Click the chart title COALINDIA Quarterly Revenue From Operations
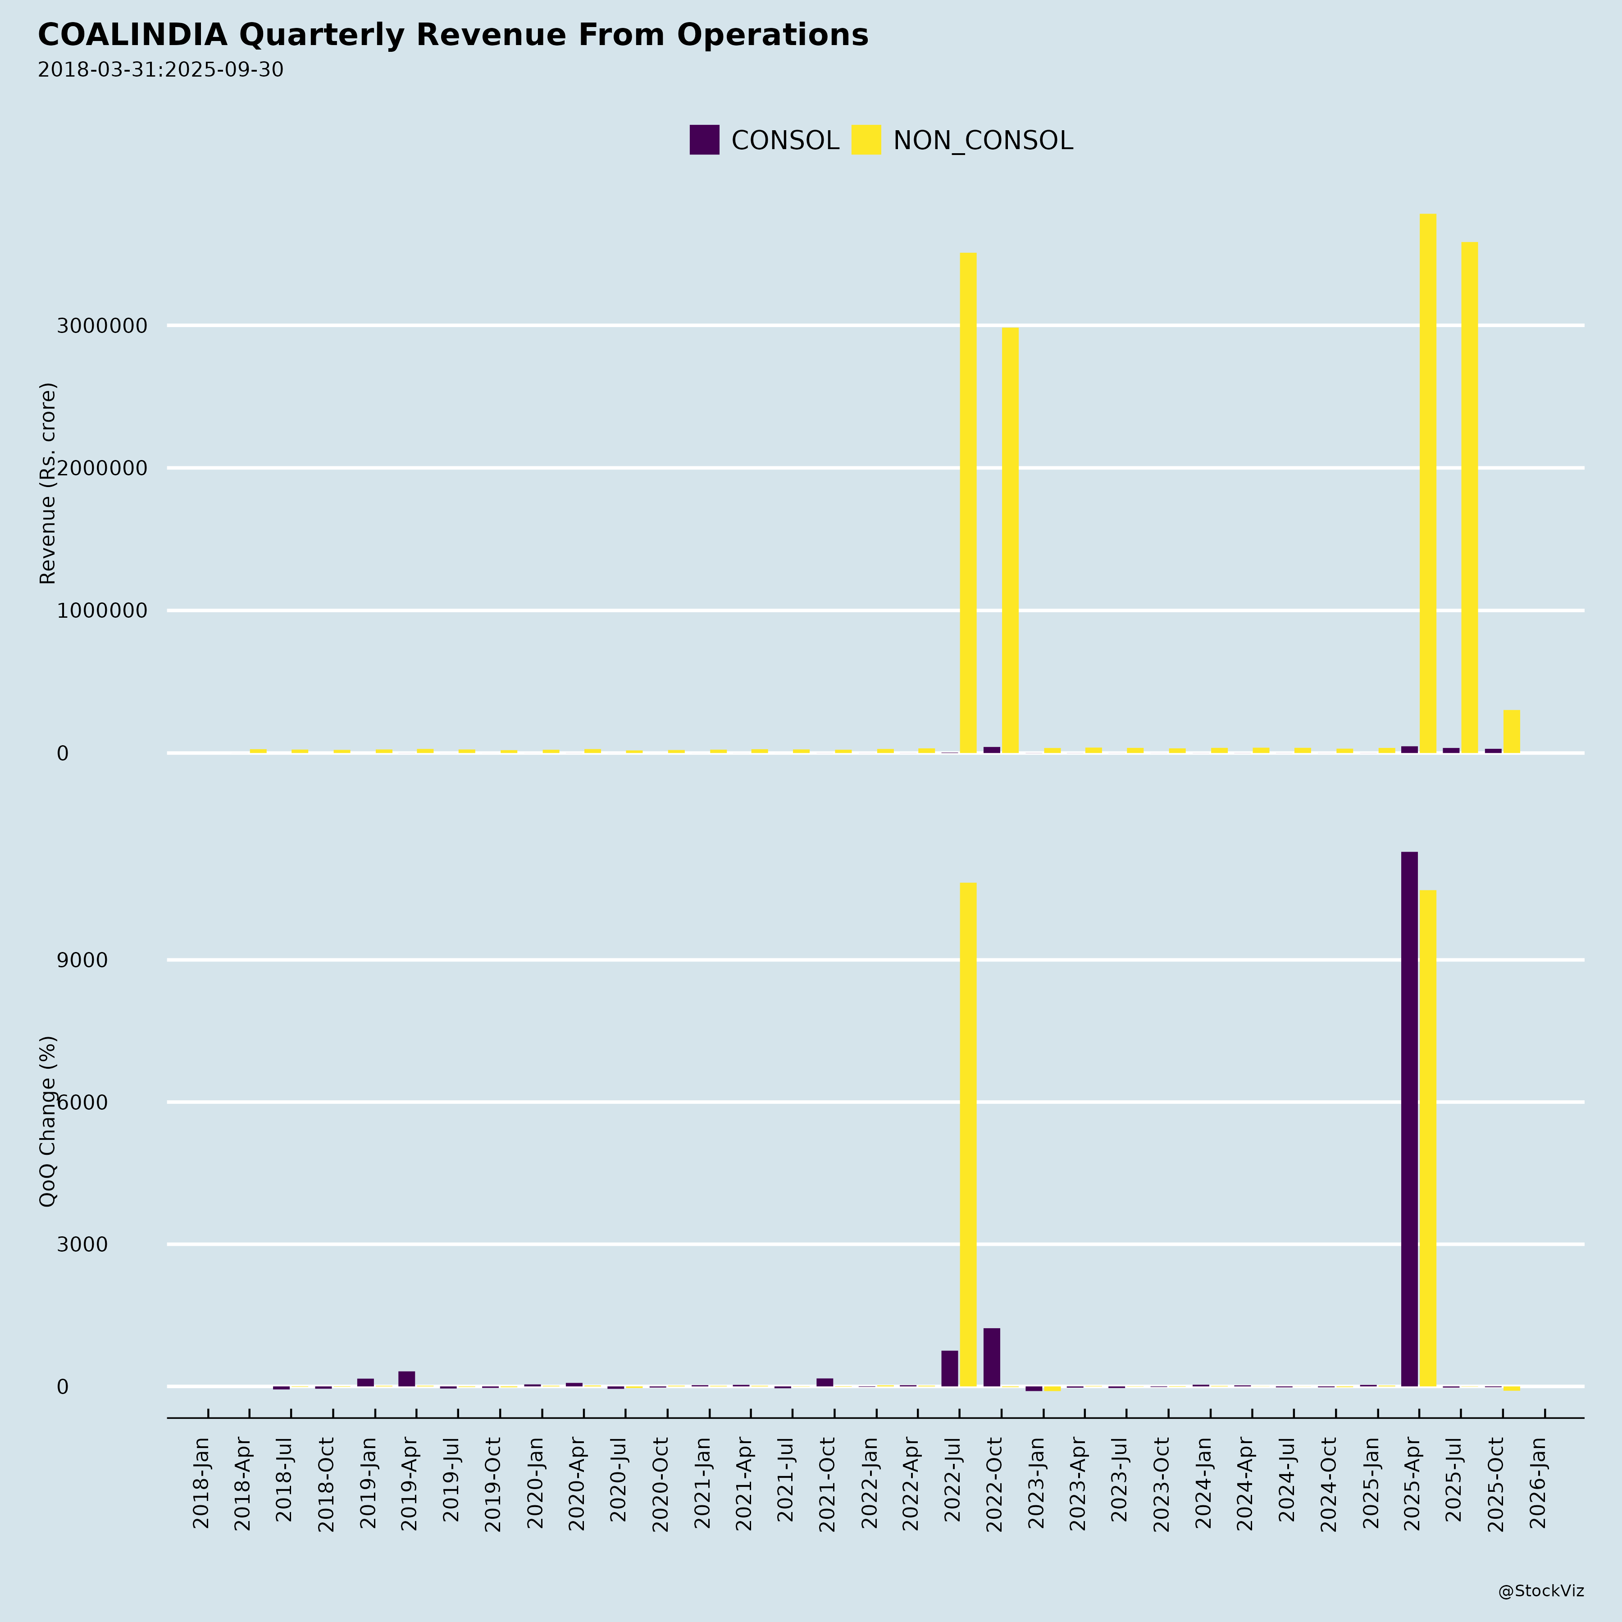coord(452,35)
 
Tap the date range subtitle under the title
coord(160,70)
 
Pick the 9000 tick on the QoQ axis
coord(82,960)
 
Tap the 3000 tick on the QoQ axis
coord(82,1244)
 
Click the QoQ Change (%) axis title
coord(48,1121)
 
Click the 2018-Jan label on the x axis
coord(201,1482)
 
